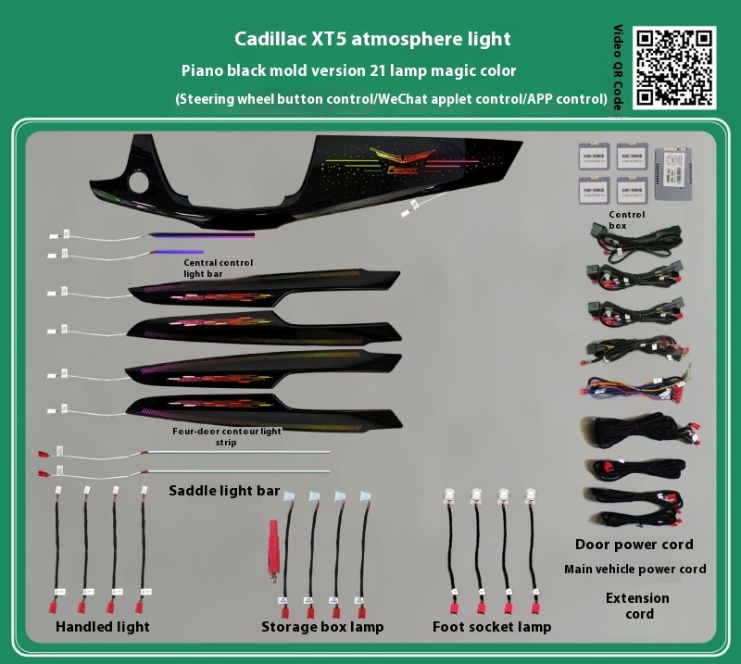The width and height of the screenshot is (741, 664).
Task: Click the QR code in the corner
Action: coord(674,68)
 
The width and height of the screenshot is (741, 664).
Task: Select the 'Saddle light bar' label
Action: coord(224,491)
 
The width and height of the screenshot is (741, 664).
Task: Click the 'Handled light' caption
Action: coord(103,627)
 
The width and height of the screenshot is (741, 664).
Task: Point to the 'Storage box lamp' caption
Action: coord(322,627)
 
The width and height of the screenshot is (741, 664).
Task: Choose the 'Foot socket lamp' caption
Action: coord(492,627)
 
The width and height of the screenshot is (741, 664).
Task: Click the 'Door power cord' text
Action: coord(634,545)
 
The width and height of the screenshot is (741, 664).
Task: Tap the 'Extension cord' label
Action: coord(637,606)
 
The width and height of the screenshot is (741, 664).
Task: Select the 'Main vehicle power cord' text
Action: coord(635,569)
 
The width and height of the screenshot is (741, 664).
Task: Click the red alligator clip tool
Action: coord(273,550)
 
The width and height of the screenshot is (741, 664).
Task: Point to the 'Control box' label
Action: coord(626,220)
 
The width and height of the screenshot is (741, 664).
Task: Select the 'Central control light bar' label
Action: coord(219,268)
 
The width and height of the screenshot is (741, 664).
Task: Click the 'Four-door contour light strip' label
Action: coord(226,437)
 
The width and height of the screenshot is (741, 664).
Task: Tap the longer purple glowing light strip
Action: coord(202,234)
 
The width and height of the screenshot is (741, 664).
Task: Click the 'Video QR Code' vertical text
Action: coord(618,67)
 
